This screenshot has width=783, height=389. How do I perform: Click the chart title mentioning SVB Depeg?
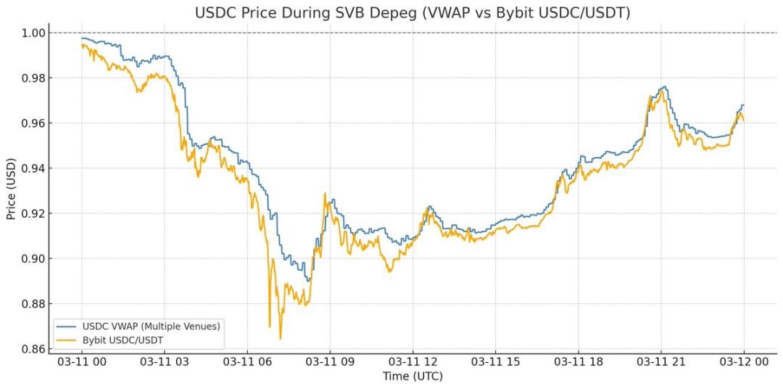[x=413, y=13]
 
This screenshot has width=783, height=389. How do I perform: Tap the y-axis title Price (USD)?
[x=11, y=191]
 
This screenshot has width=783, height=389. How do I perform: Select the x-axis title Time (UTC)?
[x=413, y=376]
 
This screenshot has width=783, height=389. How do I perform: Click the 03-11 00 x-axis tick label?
[x=81, y=361]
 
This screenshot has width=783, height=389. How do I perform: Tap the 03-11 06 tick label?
[x=247, y=361]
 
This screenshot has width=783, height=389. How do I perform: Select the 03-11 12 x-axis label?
[x=413, y=361]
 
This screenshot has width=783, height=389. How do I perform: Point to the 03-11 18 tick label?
[x=579, y=361]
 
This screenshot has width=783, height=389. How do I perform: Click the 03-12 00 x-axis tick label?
[x=744, y=361]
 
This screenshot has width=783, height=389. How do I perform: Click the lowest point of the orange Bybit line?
[x=280, y=339]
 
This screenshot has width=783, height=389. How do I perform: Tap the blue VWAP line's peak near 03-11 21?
[x=663, y=87]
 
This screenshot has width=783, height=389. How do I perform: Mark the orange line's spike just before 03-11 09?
[x=325, y=193]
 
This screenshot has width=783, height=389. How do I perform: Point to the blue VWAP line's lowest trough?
[x=307, y=281]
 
